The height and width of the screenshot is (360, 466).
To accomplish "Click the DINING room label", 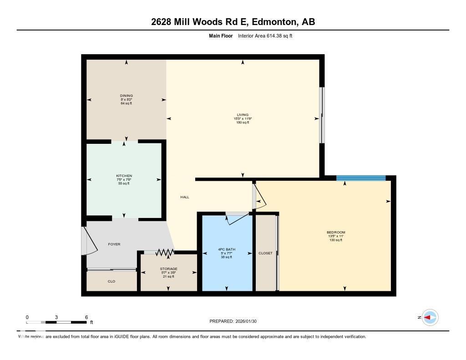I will [126, 96].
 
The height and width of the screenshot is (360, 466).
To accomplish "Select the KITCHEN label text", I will [124, 176].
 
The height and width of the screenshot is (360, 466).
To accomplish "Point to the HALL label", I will [184, 197].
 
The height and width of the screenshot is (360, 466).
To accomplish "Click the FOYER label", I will [114, 244].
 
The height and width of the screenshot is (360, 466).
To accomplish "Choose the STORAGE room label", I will [168, 269].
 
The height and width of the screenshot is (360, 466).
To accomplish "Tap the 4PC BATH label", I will [226, 249].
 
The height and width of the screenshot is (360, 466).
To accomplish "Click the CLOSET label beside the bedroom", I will [265, 253].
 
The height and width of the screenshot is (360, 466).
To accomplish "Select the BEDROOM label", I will [336, 233].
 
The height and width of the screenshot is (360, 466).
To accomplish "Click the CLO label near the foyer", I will [111, 281].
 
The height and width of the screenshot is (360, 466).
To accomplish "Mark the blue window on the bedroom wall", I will [360, 178].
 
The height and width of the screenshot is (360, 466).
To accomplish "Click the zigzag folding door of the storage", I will [164, 252].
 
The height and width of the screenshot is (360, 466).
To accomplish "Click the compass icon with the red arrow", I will [430, 317].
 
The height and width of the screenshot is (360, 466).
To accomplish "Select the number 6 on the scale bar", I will [86, 317].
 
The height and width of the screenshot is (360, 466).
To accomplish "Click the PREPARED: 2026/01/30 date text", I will [236, 321].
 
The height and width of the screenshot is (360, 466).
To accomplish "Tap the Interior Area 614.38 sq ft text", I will [265, 35].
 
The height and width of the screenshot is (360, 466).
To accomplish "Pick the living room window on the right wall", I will [321, 115].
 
